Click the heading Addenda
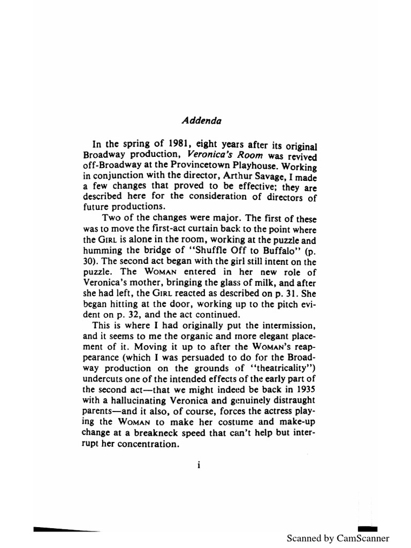click(x=197, y=120)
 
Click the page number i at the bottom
click(x=198, y=465)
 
